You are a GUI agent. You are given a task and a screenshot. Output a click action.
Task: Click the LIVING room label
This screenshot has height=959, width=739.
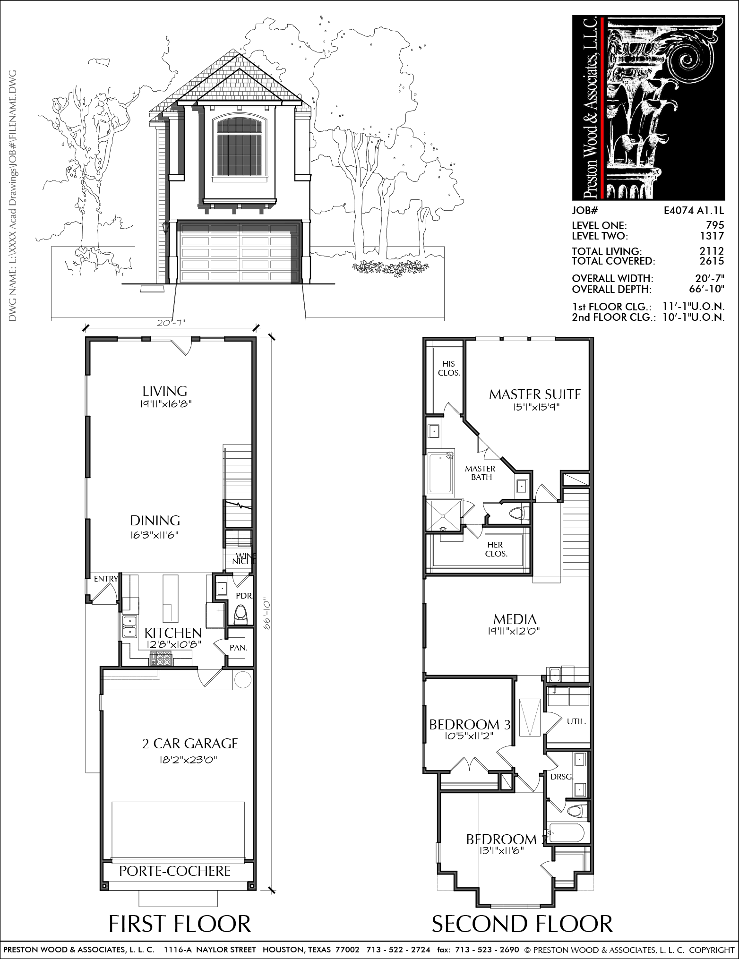click(x=165, y=391)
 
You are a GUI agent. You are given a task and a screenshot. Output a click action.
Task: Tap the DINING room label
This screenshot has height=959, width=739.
click(x=155, y=521)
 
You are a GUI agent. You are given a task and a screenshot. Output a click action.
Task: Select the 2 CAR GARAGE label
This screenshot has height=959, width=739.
click(x=190, y=744)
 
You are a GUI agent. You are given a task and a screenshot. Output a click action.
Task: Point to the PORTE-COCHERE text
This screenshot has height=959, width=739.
click(x=175, y=871)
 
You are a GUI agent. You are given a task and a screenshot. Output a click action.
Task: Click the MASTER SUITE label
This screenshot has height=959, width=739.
click(x=535, y=394)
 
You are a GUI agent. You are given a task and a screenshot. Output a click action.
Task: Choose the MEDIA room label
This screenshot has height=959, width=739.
click(x=515, y=619)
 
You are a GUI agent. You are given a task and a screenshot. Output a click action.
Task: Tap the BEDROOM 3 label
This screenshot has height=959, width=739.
click(x=470, y=724)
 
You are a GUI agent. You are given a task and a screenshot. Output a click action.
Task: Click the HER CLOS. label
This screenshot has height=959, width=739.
click(x=496, y=549)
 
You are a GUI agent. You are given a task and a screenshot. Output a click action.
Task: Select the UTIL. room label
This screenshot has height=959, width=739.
click(x=576, y=722)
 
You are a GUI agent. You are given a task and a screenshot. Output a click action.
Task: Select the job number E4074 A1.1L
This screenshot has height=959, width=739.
click(x=694, y=211)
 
